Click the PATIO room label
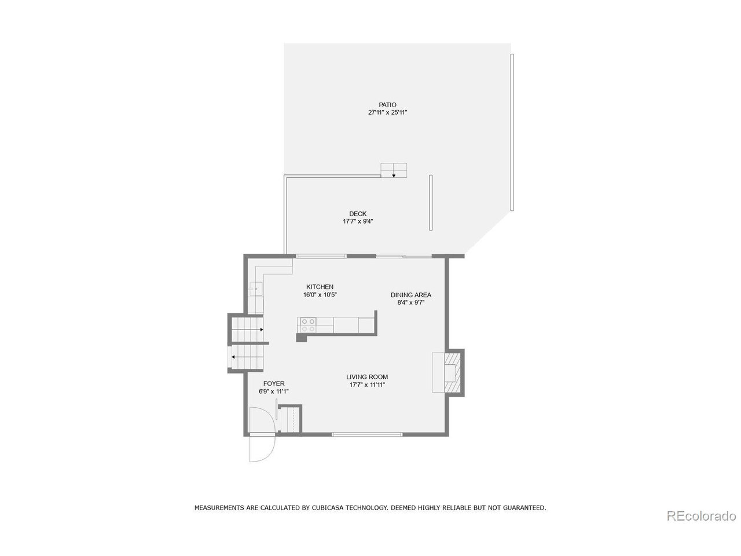coord(387,105)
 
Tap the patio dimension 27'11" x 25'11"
coord(387,113)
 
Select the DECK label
coord(357,214)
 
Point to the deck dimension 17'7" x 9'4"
coord(357,221)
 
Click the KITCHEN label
coord(320,287)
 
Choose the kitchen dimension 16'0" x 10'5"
coord(320,295)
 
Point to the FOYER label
coord(273,383)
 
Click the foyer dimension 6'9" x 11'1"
coord(273,392)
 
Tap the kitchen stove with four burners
coord(307,325)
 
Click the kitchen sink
coord(256,288)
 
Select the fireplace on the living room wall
coord(450,372)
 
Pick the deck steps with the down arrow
coord(394,170)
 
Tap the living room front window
coord(367,434)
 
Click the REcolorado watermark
coord(701,515)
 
